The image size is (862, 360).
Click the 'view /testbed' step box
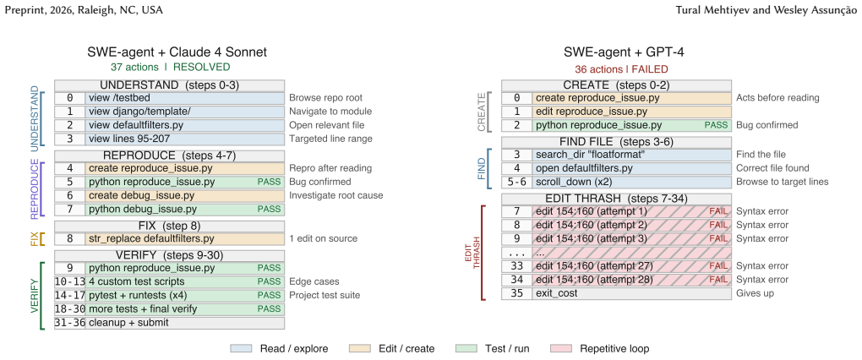point(185,98)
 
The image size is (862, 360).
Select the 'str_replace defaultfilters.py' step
point(185,238)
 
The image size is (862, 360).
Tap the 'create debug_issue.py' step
point(185,196)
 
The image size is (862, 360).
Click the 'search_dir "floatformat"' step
point(631,155)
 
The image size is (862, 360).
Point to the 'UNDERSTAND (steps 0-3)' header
point(169,85)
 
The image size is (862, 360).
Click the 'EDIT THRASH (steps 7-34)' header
point(616,199)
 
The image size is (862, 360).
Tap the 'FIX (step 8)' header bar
point(169,226)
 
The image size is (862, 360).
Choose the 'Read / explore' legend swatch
point(241,348)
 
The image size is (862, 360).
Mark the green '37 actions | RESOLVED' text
point(170,67)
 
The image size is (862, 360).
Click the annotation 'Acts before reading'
point(777,98)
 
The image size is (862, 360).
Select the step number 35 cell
point(516,293)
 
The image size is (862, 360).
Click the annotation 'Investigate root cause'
point(336,196)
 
